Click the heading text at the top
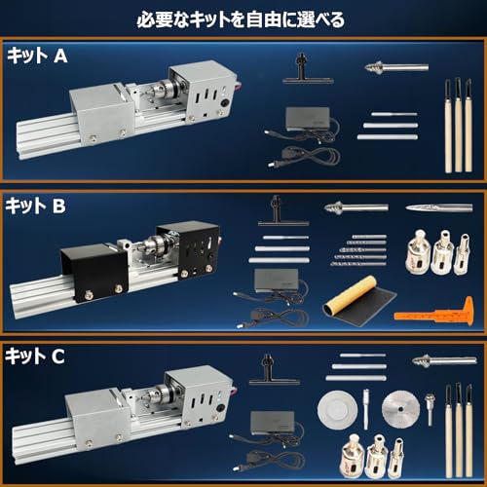(x=243, y=18)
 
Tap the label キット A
(x=37, y=56)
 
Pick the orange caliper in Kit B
(x=434, y=314)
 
